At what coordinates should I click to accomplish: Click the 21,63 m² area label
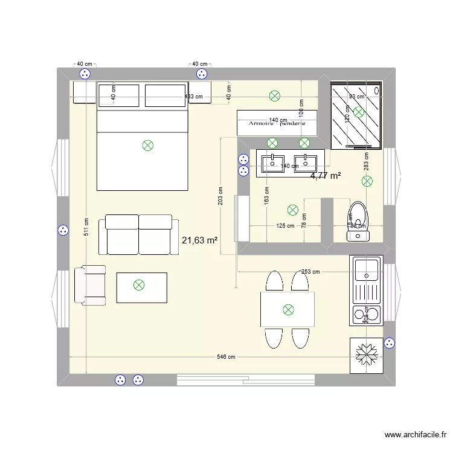coord(199,240)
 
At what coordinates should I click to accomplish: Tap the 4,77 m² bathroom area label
coord(326,176)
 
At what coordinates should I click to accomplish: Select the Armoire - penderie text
coord(277,123)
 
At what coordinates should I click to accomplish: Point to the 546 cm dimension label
coord(226,357)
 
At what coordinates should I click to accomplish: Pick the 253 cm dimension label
coord(310,272)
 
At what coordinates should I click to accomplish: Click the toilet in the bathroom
coord(358,221)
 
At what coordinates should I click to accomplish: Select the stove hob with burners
coord(366,313)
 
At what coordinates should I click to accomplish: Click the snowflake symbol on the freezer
coord(366,355)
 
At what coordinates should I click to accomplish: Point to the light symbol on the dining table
coord(288,310)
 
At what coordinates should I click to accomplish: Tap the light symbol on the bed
coord(147,145)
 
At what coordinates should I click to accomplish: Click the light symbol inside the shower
coord(359,112)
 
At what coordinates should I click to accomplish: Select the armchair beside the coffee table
coord(89,285)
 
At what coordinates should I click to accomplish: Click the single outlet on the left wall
coord(63,230)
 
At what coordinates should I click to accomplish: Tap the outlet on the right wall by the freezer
coord(390,342)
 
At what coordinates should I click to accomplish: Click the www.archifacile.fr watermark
coord(416,435)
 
